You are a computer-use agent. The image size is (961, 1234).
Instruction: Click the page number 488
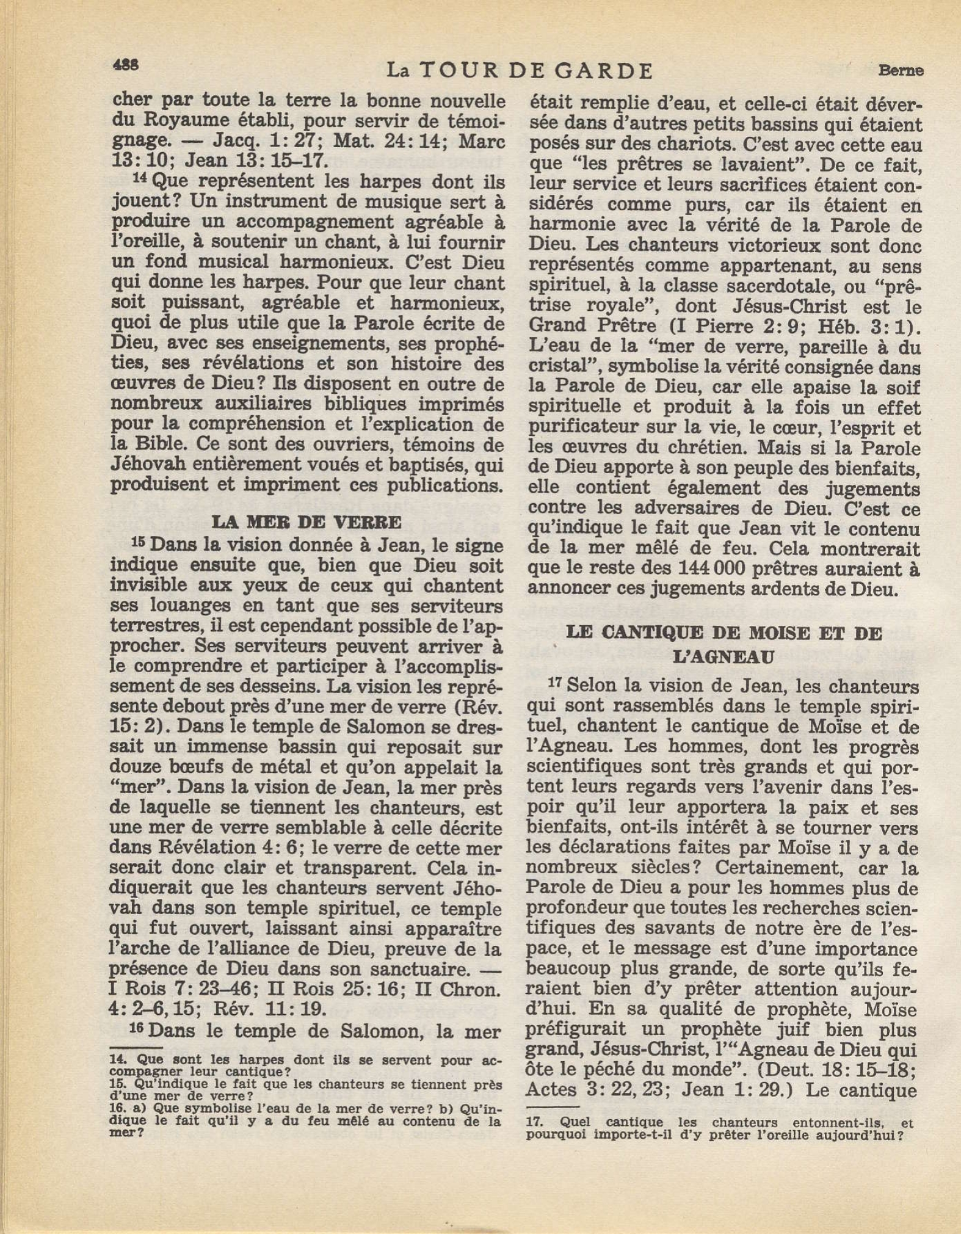(125, 64)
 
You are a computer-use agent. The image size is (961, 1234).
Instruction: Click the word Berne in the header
(901, 70)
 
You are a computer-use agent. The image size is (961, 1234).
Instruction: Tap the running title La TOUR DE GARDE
(520, 71)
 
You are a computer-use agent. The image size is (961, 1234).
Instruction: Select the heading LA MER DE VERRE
(306, 522)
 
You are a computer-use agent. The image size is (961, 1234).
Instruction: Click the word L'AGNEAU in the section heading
(723, 657)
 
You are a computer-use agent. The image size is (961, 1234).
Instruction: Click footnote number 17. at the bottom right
(534, 1122)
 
